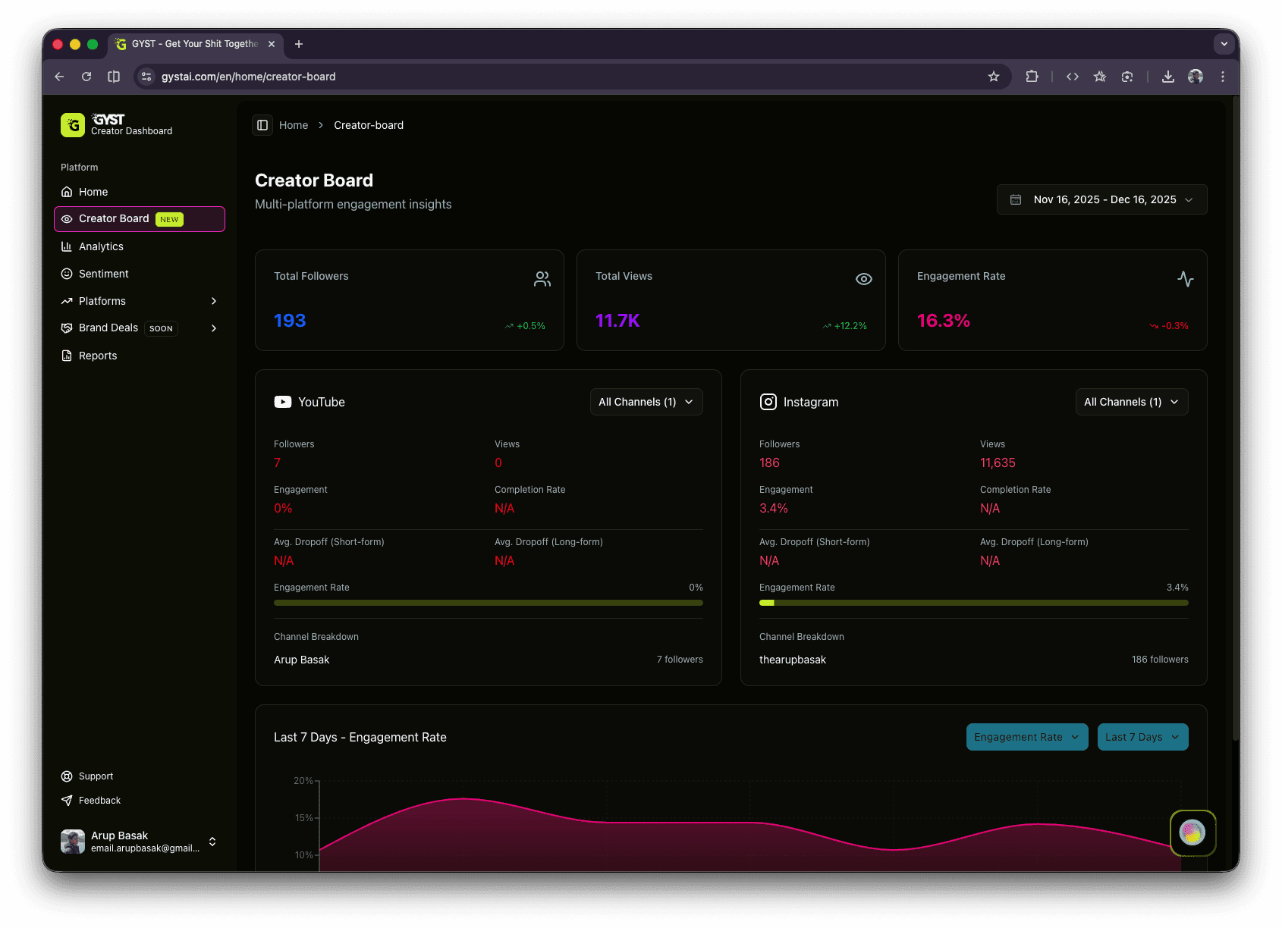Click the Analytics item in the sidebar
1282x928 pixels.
coord(101,246)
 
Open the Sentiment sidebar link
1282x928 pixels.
coord(103,274)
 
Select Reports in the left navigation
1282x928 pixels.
coord(98,356)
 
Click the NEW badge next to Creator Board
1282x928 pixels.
coord(169,219)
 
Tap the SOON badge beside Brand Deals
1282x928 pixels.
coord(161,328)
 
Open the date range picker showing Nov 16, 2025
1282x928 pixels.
coord(1101,199)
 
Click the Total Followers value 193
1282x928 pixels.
coord(290,321)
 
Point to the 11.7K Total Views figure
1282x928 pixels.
coord(617,321)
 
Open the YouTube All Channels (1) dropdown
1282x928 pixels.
coord(646,402)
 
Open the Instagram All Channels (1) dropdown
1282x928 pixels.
coord(1131,402)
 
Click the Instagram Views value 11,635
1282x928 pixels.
coord(997,462)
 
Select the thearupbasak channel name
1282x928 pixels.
coord(792,660)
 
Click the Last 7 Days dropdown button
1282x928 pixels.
coord(1142,737)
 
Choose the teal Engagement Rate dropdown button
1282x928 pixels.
coord(1026,737)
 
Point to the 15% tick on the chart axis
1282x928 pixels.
coord(303,817)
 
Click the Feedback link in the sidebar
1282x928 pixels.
coord(99,801)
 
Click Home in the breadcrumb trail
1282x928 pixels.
coord(294,125)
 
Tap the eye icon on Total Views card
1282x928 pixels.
coord(863,279)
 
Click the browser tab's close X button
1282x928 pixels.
coord(272,44)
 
